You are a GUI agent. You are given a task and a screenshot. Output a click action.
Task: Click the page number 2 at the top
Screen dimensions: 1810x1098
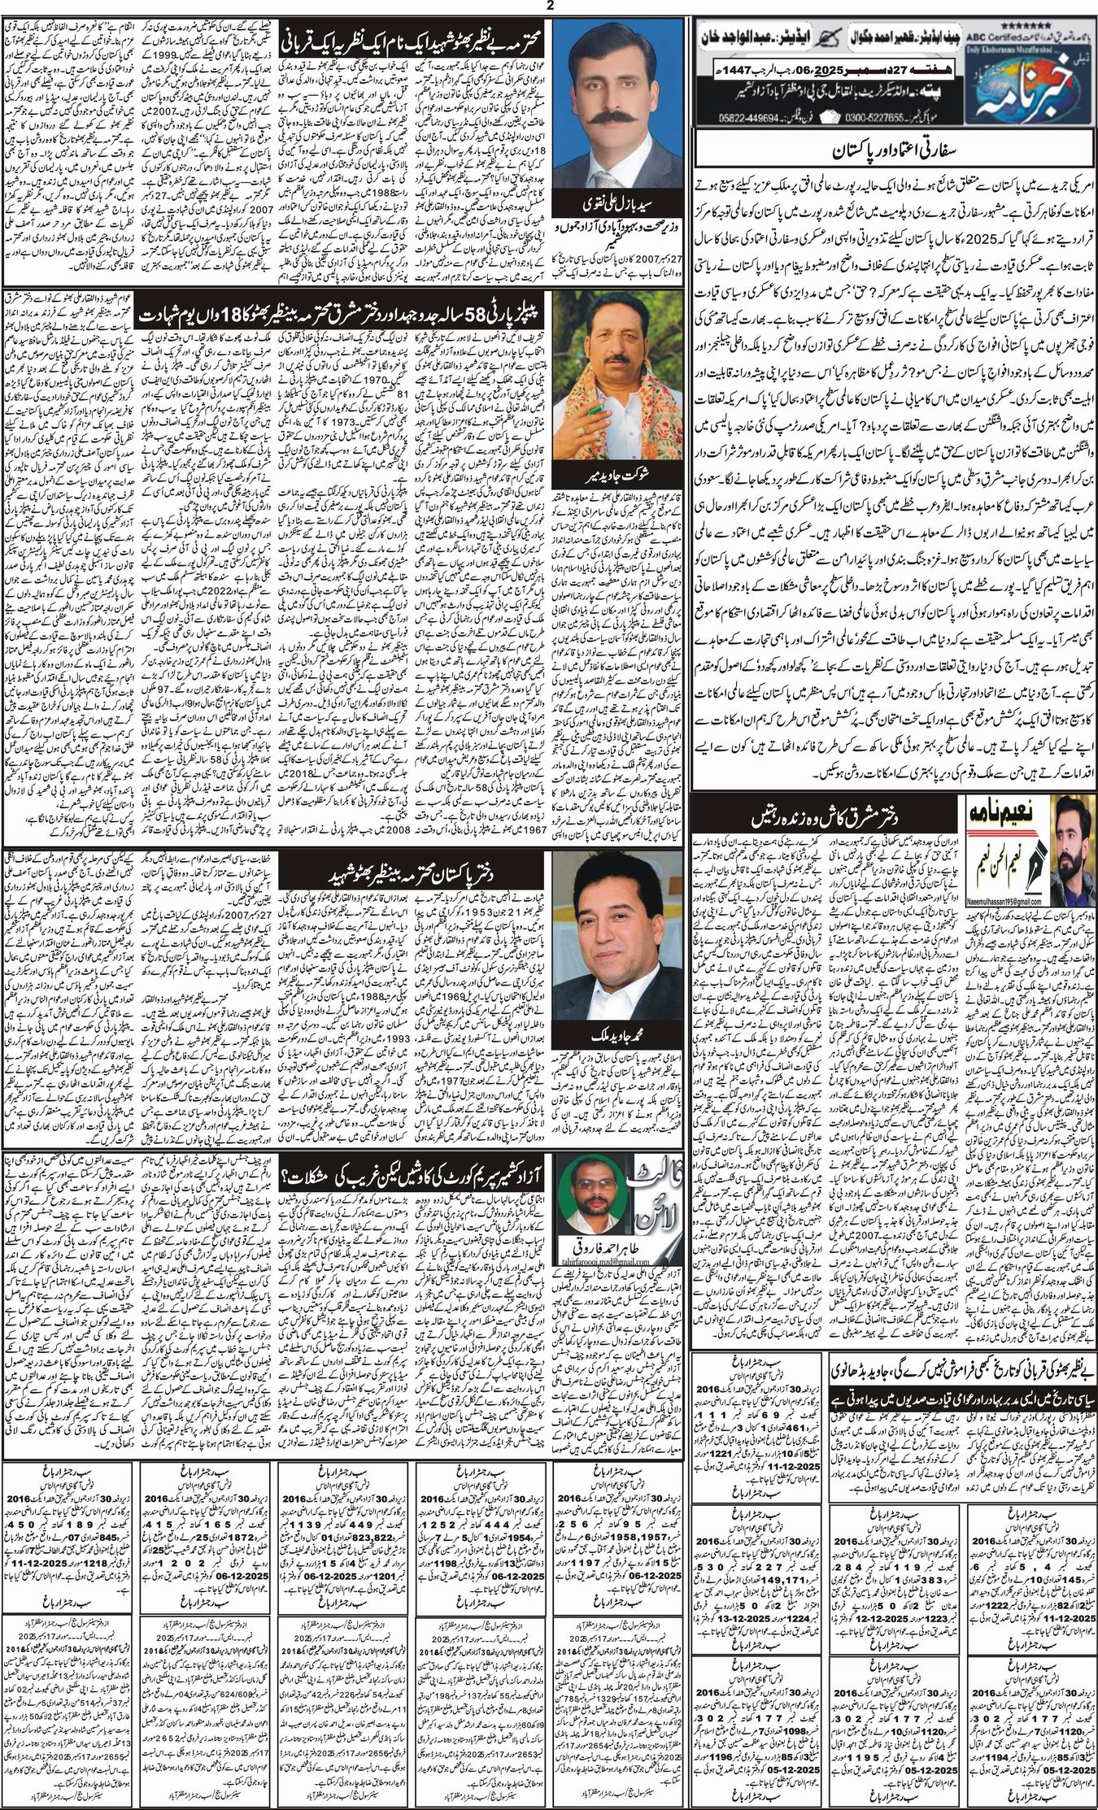click(x=550, y=6)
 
